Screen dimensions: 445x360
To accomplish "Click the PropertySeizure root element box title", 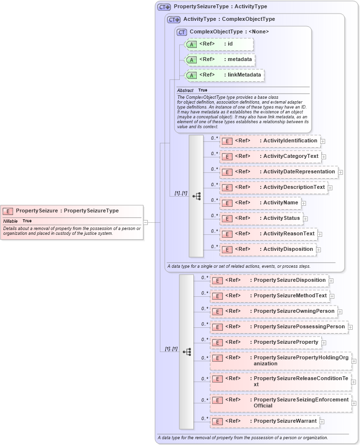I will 67,211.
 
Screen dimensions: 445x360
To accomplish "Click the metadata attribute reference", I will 220,59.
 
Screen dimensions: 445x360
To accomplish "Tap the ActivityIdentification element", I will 270,141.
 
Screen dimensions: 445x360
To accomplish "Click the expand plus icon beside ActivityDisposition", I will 320,250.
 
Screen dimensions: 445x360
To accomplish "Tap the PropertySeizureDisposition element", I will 269,280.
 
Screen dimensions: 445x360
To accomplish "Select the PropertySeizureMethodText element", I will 269,296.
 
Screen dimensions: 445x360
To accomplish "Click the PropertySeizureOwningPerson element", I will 273,311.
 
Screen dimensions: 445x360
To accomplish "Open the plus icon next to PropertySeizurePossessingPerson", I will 350,327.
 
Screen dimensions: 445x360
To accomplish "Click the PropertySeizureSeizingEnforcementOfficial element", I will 281,402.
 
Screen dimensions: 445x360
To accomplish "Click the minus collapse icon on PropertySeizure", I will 146,222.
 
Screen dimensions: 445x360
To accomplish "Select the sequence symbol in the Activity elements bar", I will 196,196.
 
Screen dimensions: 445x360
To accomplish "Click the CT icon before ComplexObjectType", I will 182,32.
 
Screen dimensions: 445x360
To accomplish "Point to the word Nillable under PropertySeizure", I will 10,221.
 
